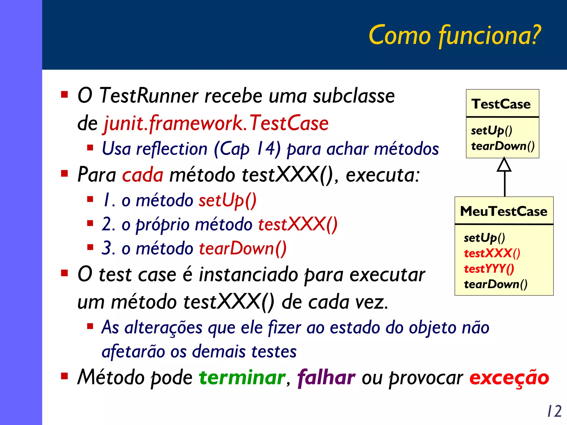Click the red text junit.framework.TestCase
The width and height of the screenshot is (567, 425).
216,123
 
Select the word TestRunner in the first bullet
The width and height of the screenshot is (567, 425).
148,96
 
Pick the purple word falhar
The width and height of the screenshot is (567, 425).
326,377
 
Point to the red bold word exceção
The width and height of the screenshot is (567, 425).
509,378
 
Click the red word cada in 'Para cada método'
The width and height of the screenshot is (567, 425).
143,175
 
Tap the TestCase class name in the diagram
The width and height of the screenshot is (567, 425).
501,104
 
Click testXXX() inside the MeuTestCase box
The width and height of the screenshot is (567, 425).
492,253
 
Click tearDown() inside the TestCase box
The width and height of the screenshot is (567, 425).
502,146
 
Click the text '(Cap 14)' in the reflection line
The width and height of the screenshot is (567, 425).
247,149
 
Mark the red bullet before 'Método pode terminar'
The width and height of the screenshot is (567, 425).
65,376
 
